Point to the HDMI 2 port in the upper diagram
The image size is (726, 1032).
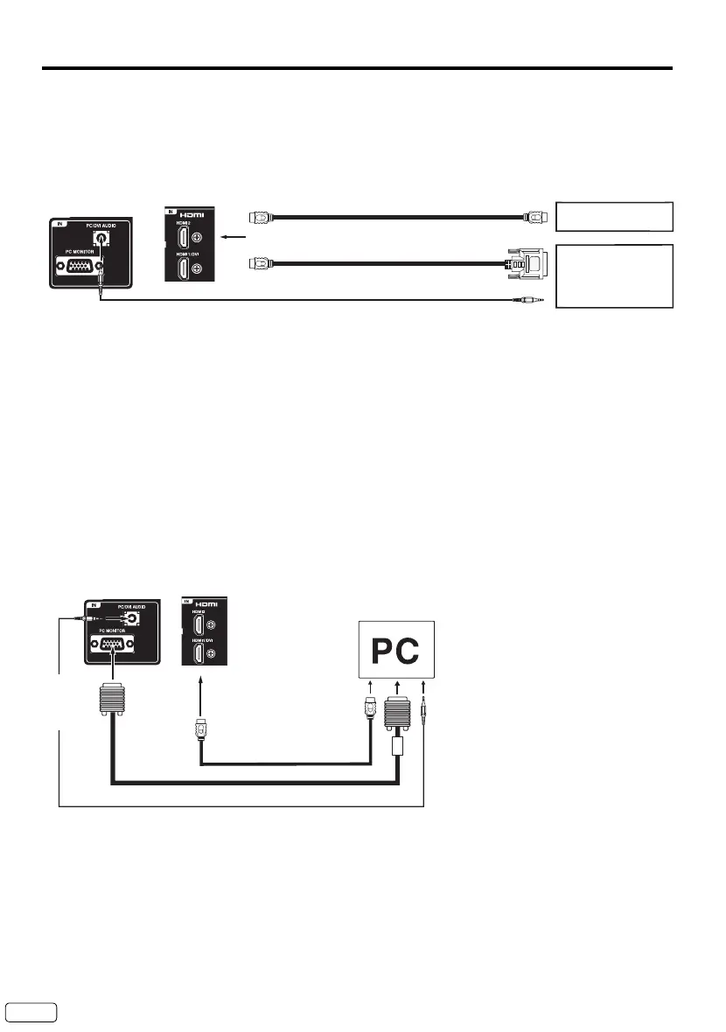[x=185, y=237]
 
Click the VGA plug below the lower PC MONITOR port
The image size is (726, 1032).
[x=111, y=701]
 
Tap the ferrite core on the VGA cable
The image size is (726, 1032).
[x=399, y=745]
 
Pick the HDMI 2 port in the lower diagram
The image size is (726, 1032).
[x=200, y=625]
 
